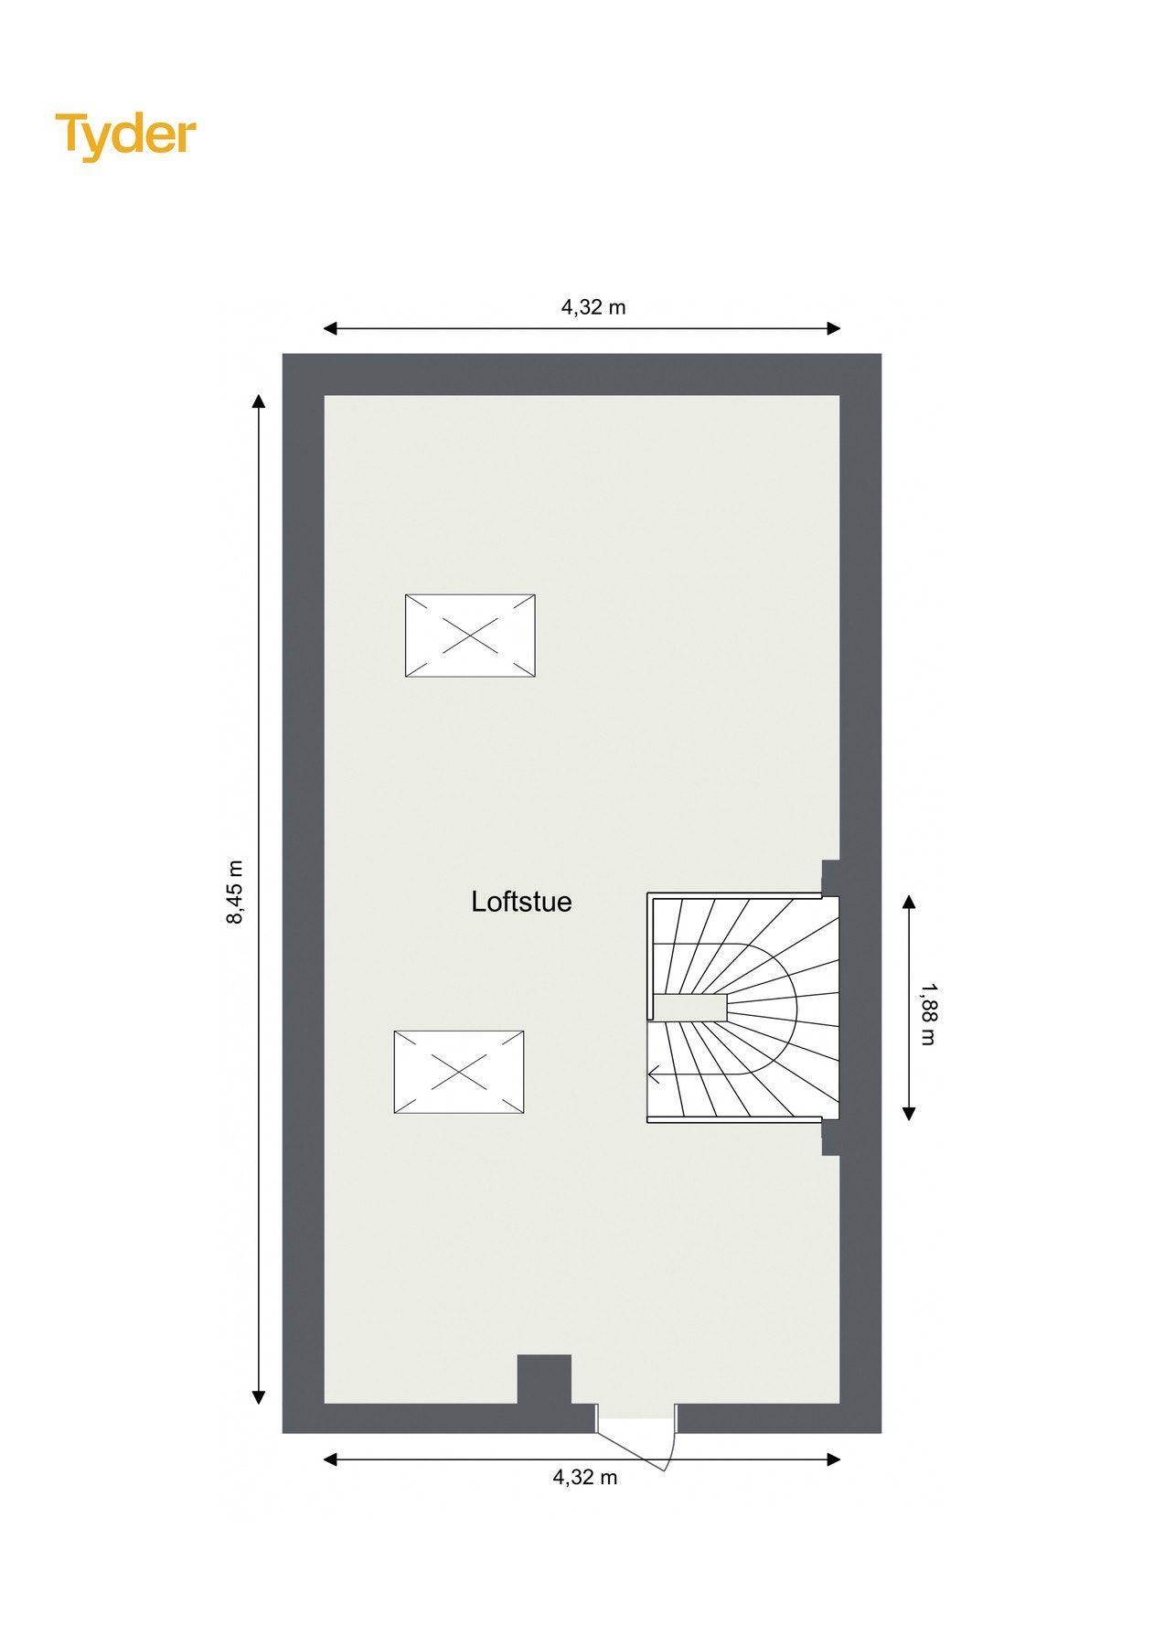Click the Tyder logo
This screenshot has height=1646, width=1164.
(125, 135)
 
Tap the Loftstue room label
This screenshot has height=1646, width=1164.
(521, 902)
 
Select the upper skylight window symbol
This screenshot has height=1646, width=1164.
(470, 635)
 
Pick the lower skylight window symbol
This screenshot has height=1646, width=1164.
(459, 1072)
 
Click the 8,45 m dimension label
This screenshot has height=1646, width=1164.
(235, 892)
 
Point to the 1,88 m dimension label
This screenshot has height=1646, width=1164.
(928, 1013)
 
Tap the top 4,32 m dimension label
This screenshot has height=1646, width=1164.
(593, 307)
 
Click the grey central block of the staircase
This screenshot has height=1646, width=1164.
(691, 1008)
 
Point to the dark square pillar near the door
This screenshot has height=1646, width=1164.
(544, 1379)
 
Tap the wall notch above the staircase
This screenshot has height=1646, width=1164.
(830, 876)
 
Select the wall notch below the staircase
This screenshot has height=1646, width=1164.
(830, 1138)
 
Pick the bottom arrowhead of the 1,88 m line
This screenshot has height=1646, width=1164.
(909, 1114)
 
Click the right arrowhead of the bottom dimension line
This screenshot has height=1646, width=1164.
(833, 1459)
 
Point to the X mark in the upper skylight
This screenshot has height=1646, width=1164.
(470, 635)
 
